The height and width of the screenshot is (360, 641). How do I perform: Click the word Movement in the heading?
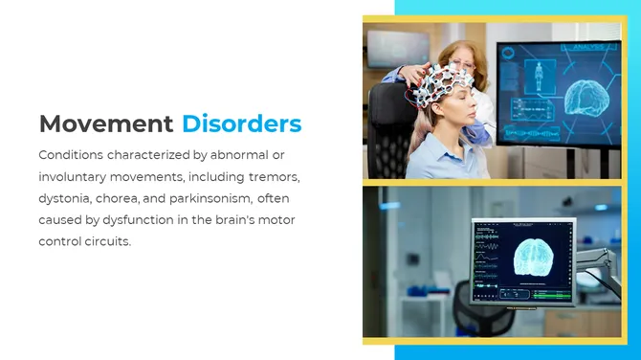106,124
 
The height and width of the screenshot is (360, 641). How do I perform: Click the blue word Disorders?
241,124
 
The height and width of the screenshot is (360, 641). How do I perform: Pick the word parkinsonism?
210,198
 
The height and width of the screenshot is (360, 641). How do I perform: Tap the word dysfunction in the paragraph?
143,219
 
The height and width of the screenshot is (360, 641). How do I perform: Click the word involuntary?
77,176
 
